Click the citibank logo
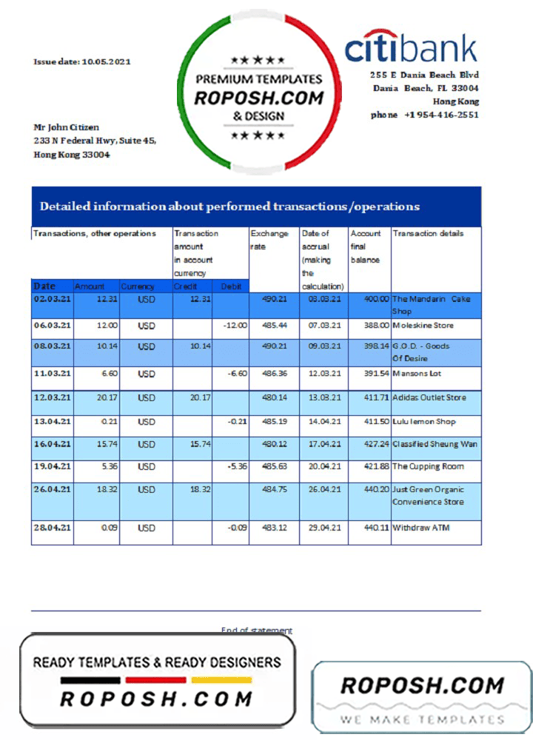411,49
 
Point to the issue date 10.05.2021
82,61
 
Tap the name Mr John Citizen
67,127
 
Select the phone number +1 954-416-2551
425,115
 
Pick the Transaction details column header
429,234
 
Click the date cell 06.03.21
53,326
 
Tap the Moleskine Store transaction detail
423,326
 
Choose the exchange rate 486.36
274,374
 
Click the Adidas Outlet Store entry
429,397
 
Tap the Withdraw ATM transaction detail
420,528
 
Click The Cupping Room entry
428,467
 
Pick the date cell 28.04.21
53,528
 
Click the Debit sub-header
230,286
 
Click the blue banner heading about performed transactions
229,206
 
